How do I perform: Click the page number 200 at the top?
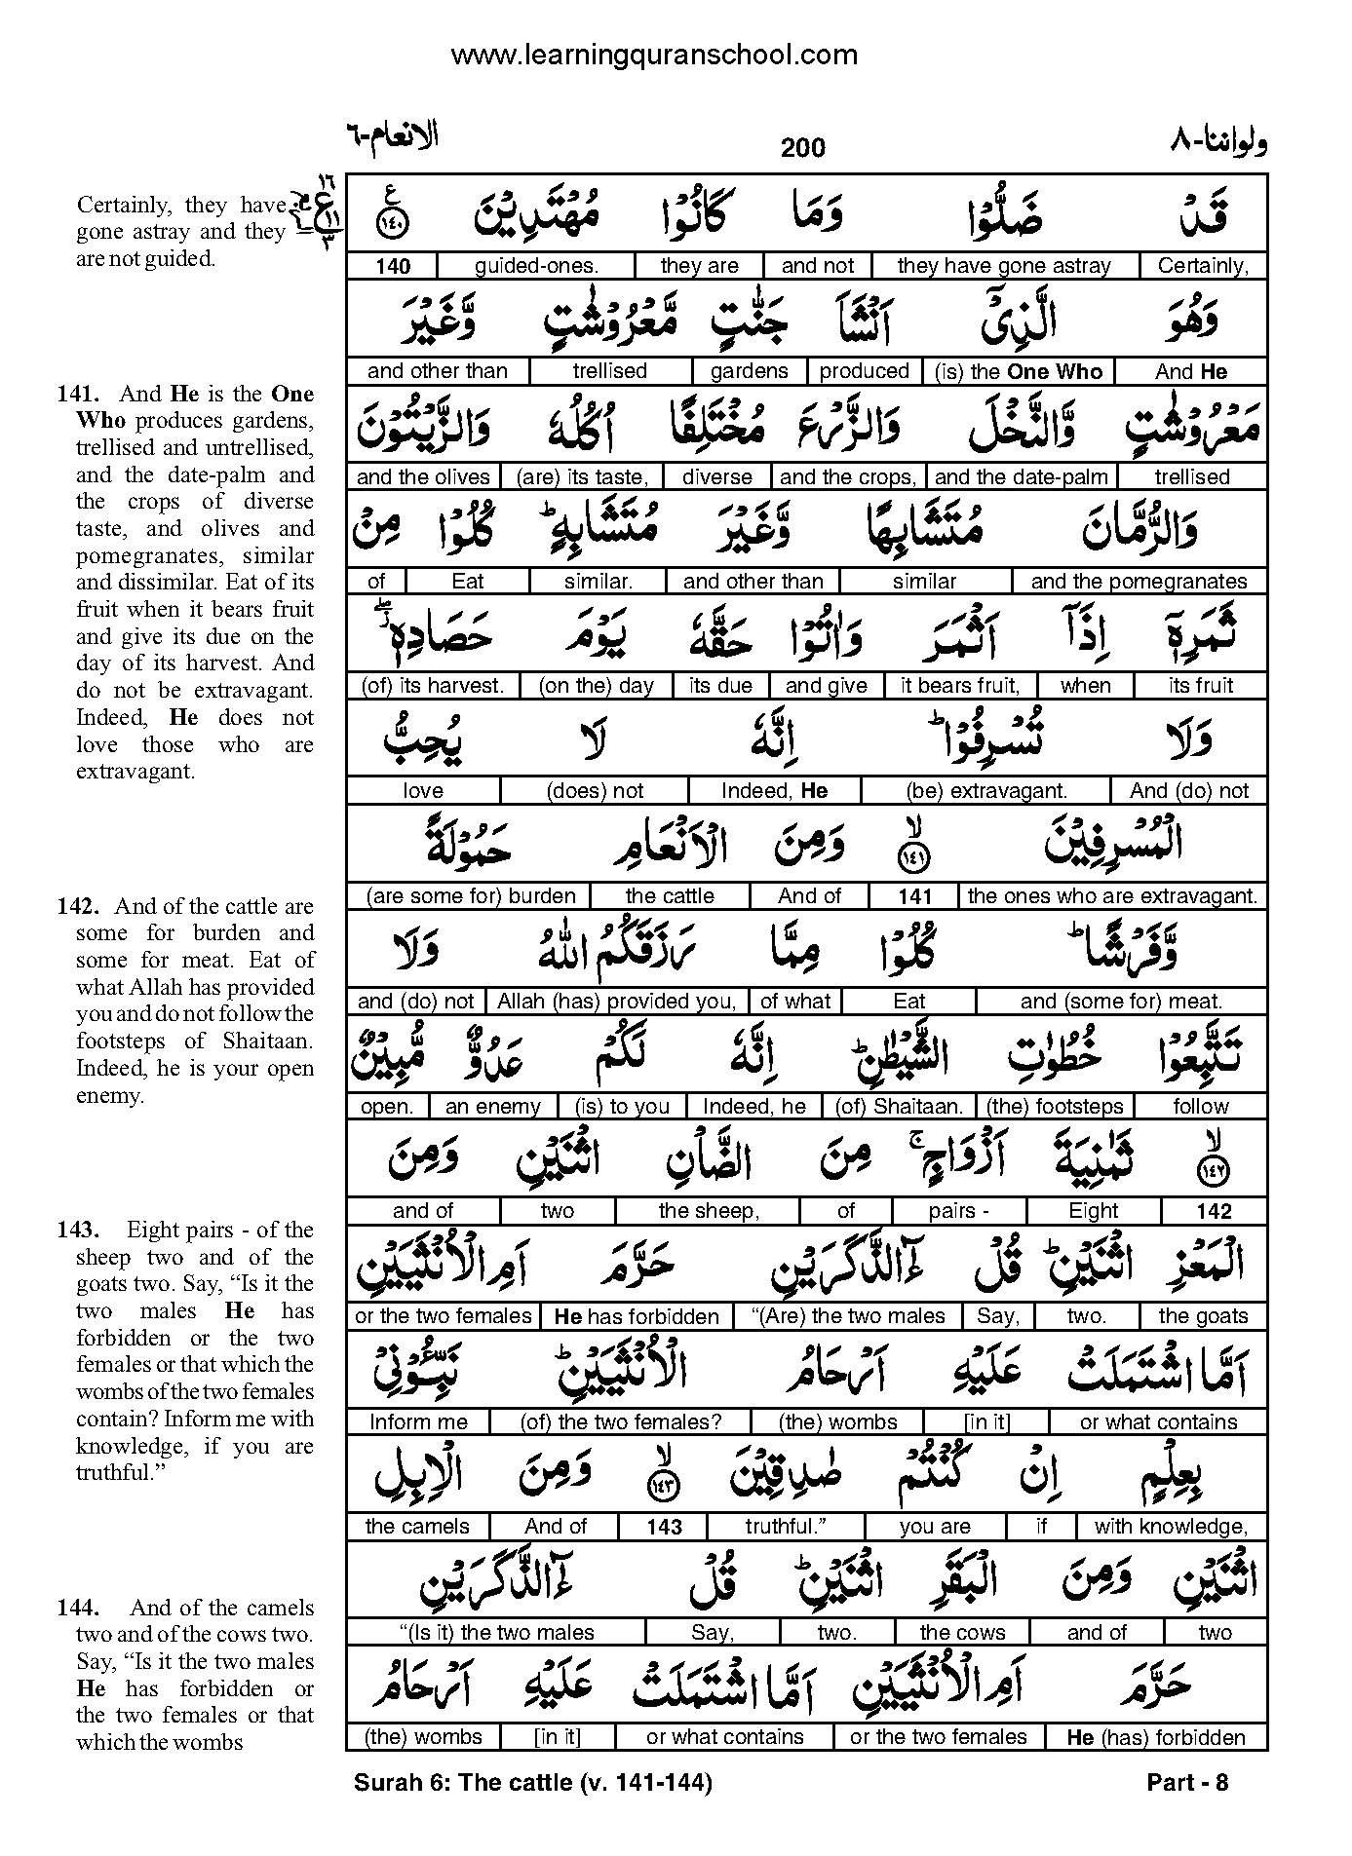802,148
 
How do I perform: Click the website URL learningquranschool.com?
654,55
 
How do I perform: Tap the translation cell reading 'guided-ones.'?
536,266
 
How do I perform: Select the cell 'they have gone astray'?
1004,266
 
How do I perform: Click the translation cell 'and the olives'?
423,476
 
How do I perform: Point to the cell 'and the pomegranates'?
1139,582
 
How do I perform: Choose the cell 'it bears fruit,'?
960,686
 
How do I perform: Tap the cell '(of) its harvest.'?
433,686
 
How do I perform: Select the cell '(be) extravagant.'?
986,791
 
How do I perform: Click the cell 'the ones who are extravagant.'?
1112,896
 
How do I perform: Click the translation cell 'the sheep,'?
708,1211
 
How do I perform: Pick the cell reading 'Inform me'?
418,1422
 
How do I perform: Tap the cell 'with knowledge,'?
1171,1527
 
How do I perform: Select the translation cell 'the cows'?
962,1632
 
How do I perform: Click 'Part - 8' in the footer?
1187,1784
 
